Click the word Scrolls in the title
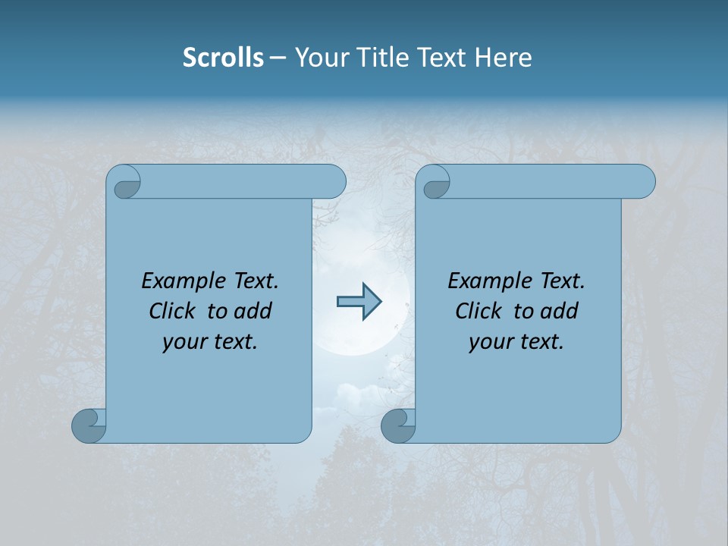click(223, 58)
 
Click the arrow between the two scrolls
click(359, 302)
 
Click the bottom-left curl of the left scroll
click(89, 425)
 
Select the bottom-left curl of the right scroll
click(397, 425)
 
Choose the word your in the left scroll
click(182, 343)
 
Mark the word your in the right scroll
click(488, 343)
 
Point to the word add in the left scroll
click(252, 311)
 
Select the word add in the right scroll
click(558, 311)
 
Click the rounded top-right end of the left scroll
click(334, 182)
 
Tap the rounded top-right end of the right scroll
click(643, 182)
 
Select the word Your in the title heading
click(320, 58)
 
